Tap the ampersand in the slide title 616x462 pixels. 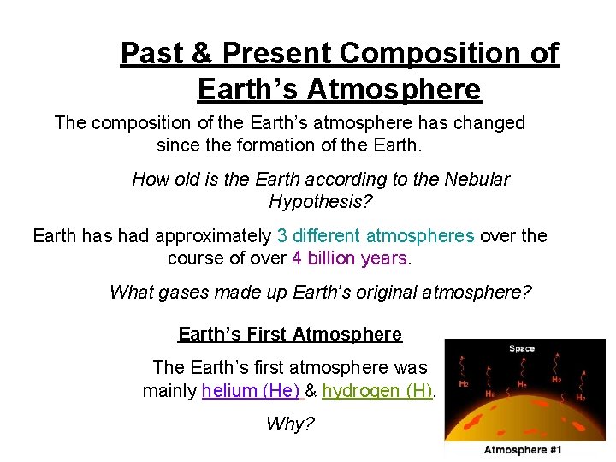coord(204,54)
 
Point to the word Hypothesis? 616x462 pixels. coord(321,202)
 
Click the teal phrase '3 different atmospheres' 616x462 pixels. coord(375,236)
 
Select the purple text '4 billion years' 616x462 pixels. coord(351,258)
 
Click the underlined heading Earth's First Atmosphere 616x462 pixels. coord(290,335)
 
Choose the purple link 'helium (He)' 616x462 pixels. coord(251,392)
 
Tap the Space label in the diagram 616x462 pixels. coord(521,348)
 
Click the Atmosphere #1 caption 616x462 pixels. coord(524,450)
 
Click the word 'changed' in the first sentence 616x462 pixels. coord(491,123)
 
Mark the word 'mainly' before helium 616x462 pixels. coord(169,392)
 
